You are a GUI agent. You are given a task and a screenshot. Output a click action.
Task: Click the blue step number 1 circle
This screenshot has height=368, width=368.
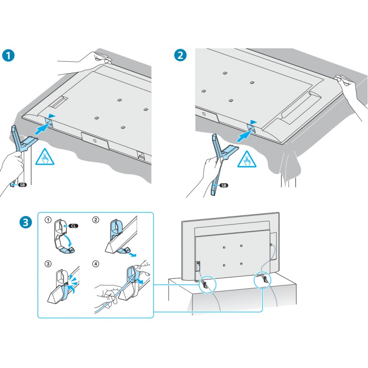click(8, 55)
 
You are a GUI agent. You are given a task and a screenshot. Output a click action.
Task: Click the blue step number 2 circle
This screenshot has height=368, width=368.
click(181, 55)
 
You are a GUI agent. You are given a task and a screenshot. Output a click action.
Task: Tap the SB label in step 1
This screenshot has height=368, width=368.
click(21, 185)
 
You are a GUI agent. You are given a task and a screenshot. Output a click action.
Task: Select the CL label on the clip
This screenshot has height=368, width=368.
click(74, 226)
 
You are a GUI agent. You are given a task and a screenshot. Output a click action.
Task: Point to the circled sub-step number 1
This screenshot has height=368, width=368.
click(47, 220)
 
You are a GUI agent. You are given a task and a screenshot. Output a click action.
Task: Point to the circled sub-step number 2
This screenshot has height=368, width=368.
click(95, 220)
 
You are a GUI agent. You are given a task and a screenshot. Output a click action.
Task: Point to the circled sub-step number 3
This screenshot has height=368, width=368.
click(47, 264)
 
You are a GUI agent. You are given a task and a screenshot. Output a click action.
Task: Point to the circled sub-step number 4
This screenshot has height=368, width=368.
click(95, 264)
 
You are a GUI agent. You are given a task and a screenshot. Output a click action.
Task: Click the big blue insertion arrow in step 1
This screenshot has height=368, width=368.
click(41, 129)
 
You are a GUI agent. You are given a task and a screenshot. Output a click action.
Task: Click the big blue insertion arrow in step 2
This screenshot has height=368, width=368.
click(243, 135)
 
